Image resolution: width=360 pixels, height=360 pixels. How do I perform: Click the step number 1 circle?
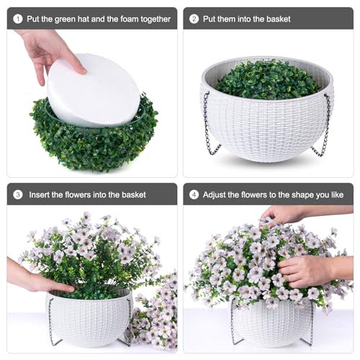pyautogui.click(x=18, y=19)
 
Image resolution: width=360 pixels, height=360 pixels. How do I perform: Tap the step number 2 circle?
pyautogui.click(x=194, y=19)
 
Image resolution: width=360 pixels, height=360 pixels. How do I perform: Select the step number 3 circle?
pyautogui.click(x=18, y=194)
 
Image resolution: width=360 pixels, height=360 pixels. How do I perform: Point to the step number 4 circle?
pyautogui.click(x=194, y=194)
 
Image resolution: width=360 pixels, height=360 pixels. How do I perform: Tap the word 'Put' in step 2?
pyautogui.click(x=210, y=19)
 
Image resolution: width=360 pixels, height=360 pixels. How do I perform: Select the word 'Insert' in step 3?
pyautogui.click(x=40, y=194)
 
